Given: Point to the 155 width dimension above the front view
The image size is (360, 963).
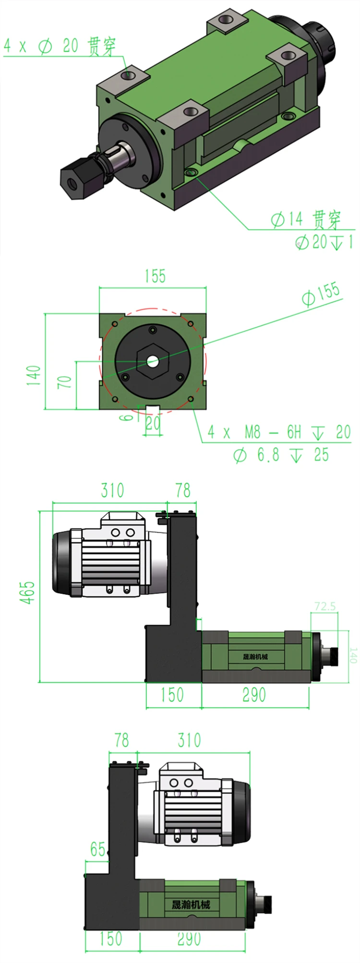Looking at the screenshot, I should pyautogui.click(x=155, y=276).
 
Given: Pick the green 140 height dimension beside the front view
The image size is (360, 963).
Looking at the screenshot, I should pyautogui.click(x=34, y=376).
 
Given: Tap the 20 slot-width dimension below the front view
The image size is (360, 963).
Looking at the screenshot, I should pyautogui.click(x=153, y=423).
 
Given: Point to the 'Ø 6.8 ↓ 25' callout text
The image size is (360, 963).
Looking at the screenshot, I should pyautogui.click(x=281, y=454).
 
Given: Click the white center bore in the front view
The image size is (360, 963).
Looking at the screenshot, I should pyautogui.click(x=153, y=361).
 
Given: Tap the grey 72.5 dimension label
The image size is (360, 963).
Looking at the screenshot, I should pyautogui.click(x=325, y=606).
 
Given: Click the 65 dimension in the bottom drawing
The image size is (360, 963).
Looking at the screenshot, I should pyautogui.click(x=97, y=850).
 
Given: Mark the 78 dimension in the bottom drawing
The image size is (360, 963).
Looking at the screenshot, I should pyautogui.click(x=122, y=740).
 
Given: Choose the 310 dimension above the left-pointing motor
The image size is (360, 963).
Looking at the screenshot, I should pyautogui.click(x=112, y=490).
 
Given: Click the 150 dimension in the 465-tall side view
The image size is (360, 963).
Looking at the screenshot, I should pyautogui.click(x=172, y=695).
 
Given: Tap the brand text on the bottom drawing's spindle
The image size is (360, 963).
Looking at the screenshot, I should pyautogui.click(x=191, y=905).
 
